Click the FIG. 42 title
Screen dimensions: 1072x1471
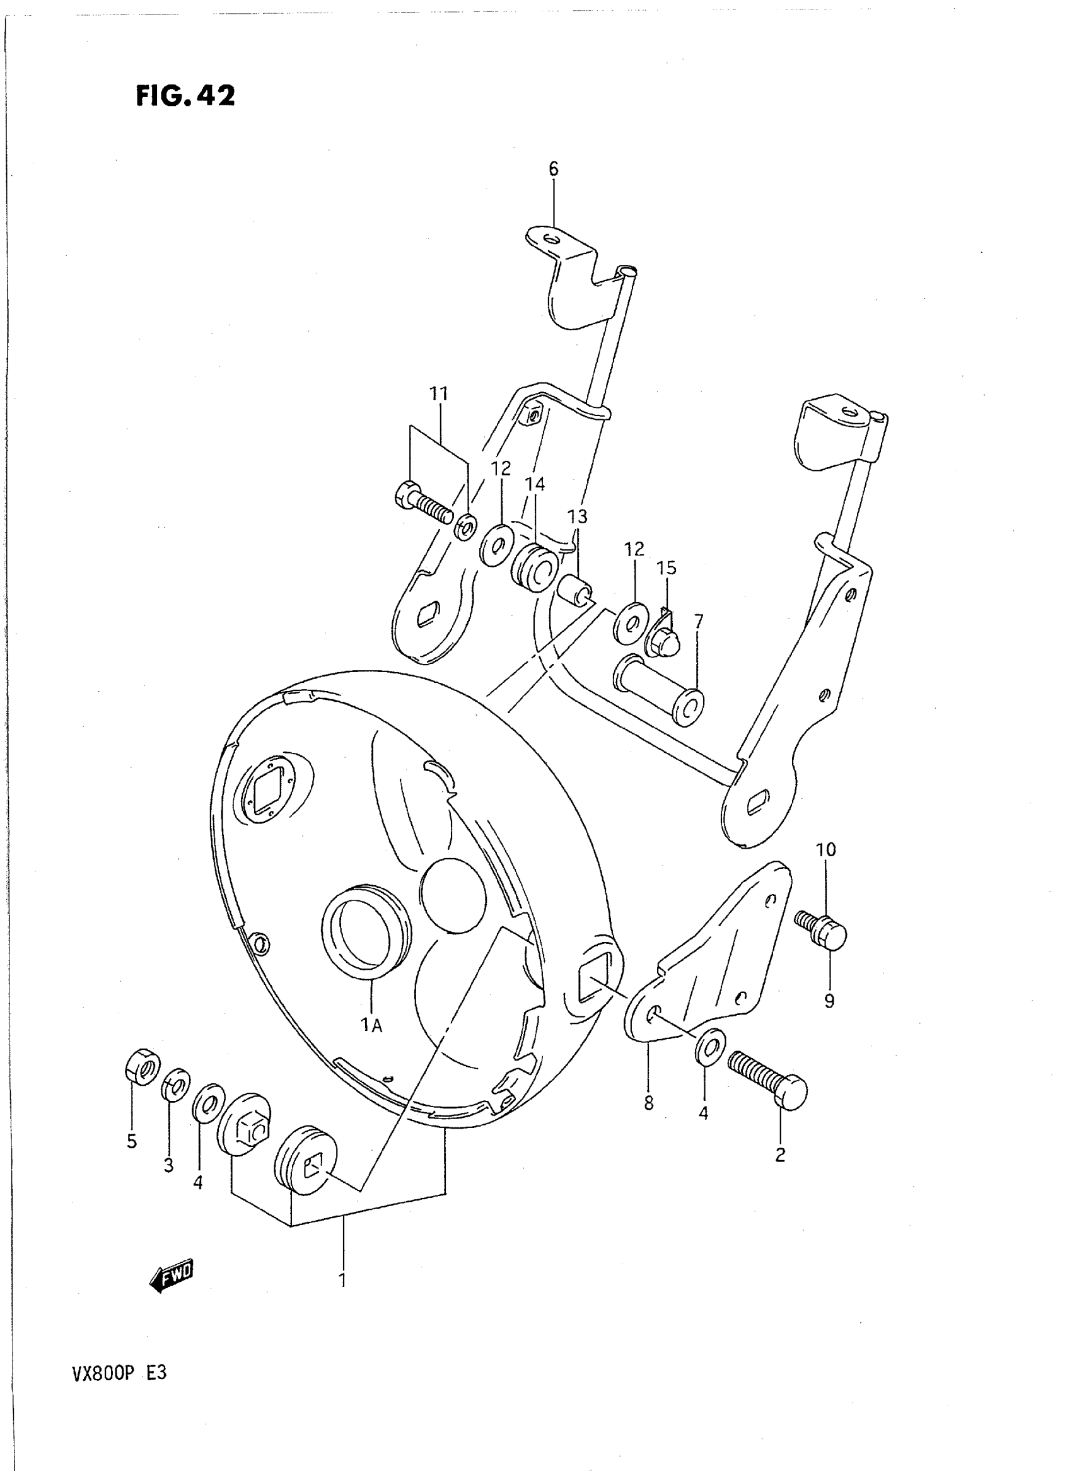click(185, 96)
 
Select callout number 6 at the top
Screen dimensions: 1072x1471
click(553, 170)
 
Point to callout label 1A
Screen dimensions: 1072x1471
click(372, 1025)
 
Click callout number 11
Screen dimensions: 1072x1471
click(439, 394)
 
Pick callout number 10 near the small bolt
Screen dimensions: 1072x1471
click(826, 849)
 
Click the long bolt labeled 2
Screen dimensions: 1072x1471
click(770, 1082)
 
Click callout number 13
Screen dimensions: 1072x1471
click(577, 516)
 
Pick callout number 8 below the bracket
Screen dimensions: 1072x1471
click(649, 1102)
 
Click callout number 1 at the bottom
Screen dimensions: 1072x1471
click(342, 1279)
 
